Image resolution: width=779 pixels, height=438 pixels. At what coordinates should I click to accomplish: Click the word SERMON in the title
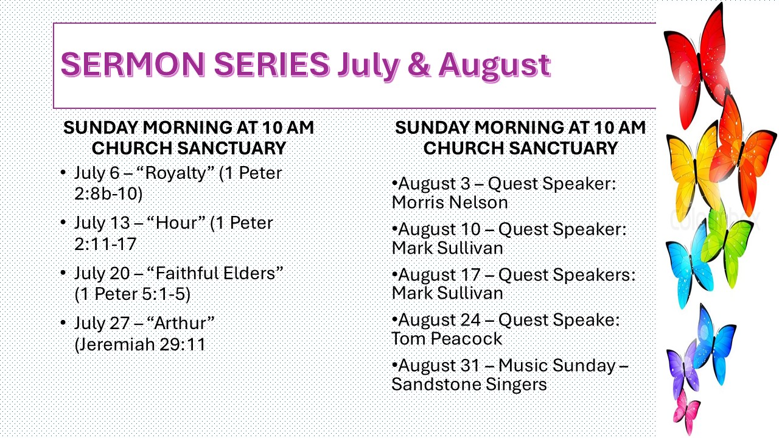(133, 64)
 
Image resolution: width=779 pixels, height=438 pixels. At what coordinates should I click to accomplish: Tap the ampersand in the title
(419, 64)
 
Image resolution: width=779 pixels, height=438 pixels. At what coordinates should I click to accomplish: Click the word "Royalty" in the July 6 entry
(176, 173)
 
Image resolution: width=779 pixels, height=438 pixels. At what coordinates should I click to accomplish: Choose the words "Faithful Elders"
(215, 273)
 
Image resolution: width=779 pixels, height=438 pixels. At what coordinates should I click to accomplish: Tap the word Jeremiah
(117, 344)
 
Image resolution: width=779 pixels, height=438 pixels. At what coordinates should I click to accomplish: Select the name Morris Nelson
(450, 203)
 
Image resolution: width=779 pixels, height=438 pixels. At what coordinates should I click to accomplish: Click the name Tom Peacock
(447, 339)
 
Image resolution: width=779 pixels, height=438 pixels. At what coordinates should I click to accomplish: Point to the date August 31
(439, 366)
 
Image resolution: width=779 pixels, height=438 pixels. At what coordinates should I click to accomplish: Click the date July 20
(102, 273)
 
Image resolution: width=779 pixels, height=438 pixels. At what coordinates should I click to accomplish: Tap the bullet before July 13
(63, 222)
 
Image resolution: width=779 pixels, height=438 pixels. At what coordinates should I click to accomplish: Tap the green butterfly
(727, 247)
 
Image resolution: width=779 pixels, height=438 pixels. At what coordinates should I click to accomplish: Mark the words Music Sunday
(557, 366)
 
